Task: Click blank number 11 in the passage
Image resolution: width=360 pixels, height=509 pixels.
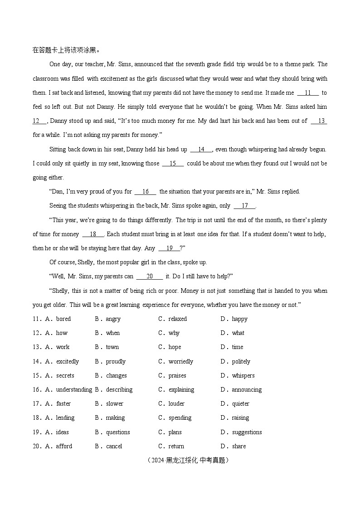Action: tap(308, 93)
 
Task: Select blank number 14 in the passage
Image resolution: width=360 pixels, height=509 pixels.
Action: tap(201, 150)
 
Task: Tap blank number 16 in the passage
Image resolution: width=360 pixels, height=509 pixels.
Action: tap(146, 192)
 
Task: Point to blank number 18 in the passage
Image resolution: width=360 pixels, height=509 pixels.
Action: tap(93, 234)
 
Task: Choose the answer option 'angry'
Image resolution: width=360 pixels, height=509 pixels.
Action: tap(113, 319)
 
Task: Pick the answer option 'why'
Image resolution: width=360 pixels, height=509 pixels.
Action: tap(174, 333)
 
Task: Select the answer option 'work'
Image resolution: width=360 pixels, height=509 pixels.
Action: tap(63, 347)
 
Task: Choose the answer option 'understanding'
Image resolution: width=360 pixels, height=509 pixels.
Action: tap(74, 390)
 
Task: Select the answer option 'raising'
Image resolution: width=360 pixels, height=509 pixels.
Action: tap(240, 418)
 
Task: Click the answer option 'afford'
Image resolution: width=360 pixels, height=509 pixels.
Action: tap(64, 446)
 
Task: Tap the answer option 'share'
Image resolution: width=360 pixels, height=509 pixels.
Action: tap(239, 446)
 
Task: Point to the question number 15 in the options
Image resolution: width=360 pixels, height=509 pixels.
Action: tap(37, 376)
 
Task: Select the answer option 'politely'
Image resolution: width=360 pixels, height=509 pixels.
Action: tap(241, 362)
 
